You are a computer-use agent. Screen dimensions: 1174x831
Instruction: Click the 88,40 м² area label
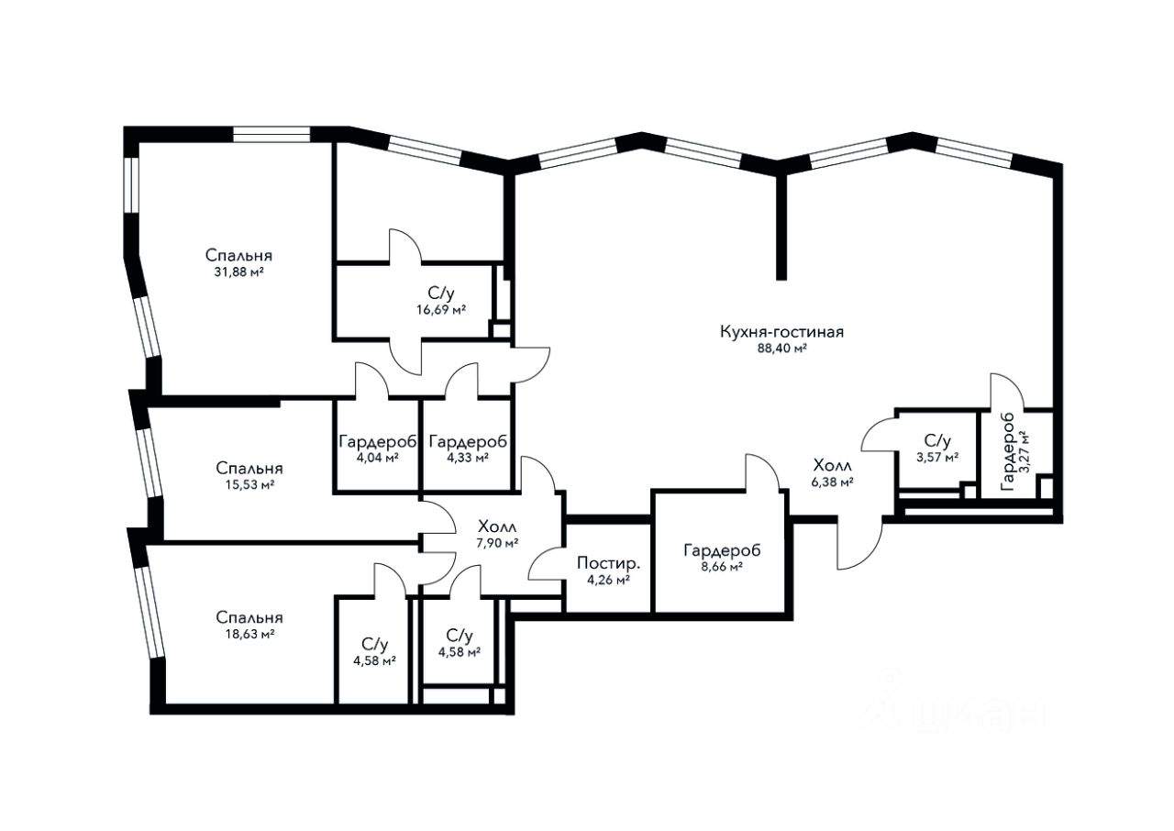point(781,349)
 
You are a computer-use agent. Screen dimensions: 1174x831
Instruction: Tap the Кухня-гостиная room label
point(781,332)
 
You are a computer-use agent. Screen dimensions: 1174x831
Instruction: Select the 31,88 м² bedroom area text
point(238,271)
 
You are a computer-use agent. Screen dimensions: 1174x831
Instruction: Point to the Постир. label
point(608,563)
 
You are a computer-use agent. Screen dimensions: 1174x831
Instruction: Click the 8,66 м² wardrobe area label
point(722,567)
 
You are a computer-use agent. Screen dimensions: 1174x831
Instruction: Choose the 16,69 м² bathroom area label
point(441,310)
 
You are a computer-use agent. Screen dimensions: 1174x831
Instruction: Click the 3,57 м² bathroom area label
point(937,457)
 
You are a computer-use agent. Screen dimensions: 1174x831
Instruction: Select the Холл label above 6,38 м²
point(832,465)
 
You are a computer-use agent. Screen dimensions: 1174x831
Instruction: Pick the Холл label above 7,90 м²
point(497,526)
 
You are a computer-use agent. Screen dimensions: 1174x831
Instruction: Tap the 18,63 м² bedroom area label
point(249,634)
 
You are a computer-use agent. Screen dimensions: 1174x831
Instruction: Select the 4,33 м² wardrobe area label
point(468,458)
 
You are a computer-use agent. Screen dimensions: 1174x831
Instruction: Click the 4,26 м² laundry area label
point(608,580)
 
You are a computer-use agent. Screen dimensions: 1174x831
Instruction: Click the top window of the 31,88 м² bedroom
point(271,135)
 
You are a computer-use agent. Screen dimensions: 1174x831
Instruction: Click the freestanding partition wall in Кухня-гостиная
point(781,226)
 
